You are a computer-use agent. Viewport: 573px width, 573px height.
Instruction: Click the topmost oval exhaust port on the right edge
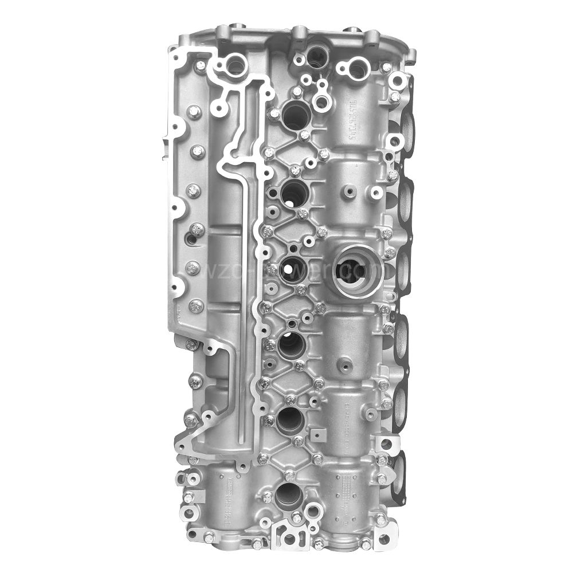(408, 123)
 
